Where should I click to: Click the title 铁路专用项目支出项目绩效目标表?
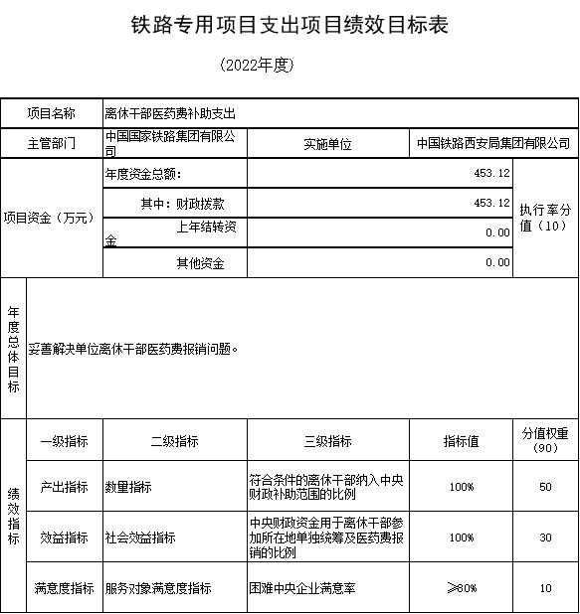click(x=290, y=25)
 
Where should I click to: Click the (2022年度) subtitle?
click(x=258, y=66)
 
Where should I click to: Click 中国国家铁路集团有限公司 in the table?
click(x=173, y=142)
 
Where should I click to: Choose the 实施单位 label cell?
click(x=327, y=143)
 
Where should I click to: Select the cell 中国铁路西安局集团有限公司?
click(x=493, y=143)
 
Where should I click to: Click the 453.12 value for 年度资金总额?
click(x=491, y=173)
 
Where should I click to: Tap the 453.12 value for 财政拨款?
click(x=491, y=202)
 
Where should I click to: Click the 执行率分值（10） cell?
click(x=545, y=218)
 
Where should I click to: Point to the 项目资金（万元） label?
click(x=51, y=218)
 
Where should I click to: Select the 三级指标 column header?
click(x=327, y=441)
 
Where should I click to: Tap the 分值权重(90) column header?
click(x=545, y=440)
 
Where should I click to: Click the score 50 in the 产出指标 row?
click(x=545, y=487)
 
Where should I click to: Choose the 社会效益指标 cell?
click(x=140, y=537)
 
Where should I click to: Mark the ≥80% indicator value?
click(x=462, y=588)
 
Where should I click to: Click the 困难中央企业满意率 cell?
click(x=302, y=588)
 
